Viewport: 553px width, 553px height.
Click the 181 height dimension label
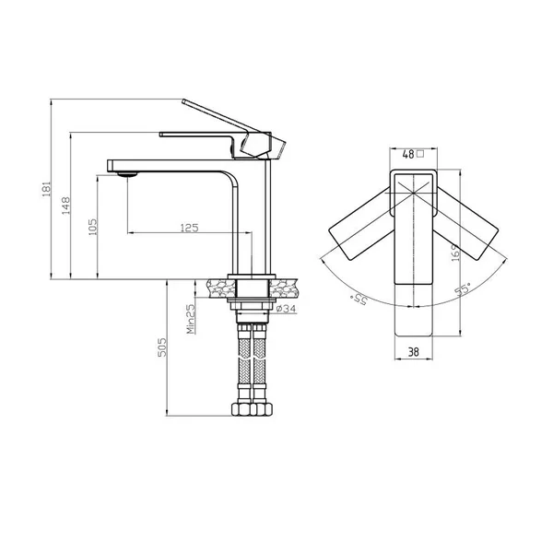(47, 189)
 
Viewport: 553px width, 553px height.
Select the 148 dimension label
(66, 206)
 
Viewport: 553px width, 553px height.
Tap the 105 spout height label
(92, 227)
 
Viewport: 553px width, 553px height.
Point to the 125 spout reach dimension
(189, 228)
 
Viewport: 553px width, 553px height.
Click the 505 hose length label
(162, 347)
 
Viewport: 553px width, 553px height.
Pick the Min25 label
(191, 319)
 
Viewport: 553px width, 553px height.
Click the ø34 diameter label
(286, 309)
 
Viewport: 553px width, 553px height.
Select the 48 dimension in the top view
(408, 154)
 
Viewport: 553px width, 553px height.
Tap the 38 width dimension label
(413, 352)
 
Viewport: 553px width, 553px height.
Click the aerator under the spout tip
(127, 174)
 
